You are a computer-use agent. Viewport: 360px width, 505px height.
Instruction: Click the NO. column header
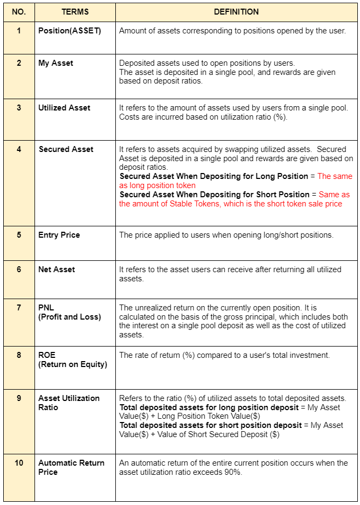point(19,11)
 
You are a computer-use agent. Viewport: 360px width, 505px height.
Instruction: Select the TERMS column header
point(74,11)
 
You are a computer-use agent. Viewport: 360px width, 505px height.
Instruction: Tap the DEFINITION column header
point(236,11)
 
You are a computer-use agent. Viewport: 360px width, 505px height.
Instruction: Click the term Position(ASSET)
point(70,31)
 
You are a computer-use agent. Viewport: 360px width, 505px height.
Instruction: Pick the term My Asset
point(56,63)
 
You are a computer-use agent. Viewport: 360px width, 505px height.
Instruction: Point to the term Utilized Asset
point(64,108)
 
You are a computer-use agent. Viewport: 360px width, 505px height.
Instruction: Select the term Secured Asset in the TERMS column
point(66,149)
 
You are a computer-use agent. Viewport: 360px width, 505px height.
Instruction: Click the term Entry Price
point(59,235)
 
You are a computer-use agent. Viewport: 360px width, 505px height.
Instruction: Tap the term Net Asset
point(57,269)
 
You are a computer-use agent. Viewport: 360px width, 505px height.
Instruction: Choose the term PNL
point(46,308)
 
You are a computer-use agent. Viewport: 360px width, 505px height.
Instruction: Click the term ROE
point(47,355)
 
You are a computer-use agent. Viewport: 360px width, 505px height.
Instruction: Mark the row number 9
point(19,398)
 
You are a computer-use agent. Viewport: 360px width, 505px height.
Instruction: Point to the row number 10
point(19,463)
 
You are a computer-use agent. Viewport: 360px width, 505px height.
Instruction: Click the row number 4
point(19,149)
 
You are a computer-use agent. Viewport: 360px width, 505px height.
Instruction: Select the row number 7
point(19,308)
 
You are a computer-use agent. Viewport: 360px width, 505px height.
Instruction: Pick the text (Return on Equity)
point(73,364)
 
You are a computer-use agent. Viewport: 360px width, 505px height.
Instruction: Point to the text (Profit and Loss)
point(70,317)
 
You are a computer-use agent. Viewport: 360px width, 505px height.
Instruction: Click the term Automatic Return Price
point(71,467)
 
